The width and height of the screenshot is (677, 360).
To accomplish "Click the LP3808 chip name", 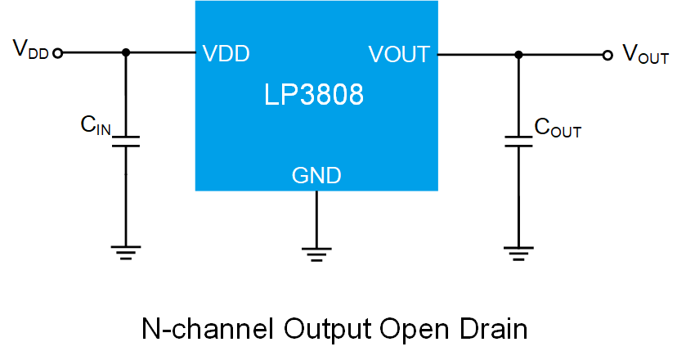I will (x=314, y=95).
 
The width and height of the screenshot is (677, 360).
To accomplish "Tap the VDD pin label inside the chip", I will (x=226, y=55).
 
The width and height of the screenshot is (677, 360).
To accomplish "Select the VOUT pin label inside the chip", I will (x=399, y=55).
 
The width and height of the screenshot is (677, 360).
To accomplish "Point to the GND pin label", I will (x=316, y=174).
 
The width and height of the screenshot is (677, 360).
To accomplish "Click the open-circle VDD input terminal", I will (x=57, y=53).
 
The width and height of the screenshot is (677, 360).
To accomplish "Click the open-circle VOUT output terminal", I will (x=607, y=55).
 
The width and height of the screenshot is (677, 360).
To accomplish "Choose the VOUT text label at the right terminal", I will (x=646, y=55).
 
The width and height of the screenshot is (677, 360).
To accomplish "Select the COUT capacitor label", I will (x=558, y=128).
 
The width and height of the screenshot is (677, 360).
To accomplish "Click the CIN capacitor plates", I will (x=125, y=142).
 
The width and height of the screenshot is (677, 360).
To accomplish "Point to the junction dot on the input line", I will (x=125, y=53).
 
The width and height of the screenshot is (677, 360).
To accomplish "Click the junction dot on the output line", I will (x=518, y=55).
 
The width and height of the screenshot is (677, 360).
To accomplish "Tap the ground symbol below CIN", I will (x=125, y=251).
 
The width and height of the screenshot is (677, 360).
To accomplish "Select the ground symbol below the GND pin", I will (x=316, y=251).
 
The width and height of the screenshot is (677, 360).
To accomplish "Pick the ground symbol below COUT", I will (x=518, y=251).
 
